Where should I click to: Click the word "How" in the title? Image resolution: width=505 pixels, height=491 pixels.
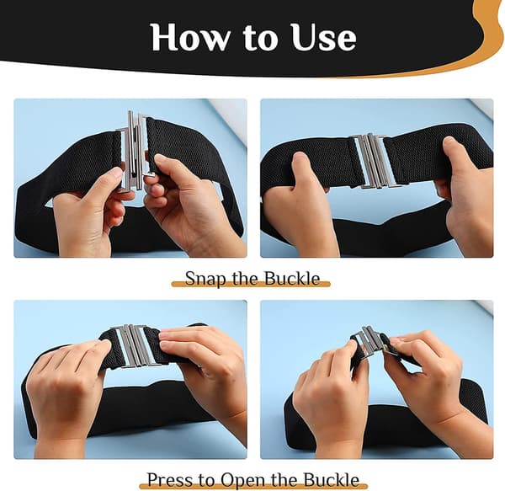pos(190,37)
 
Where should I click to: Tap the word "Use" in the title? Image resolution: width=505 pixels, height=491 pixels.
pos(324,37)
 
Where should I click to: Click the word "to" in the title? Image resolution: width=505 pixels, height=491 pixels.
pos(260,39)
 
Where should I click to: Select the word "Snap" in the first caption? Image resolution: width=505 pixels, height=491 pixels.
pos(205,279)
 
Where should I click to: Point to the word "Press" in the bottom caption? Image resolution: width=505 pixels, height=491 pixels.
pos(171,480)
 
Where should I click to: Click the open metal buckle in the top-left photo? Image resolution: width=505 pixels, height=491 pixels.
pos(135,151)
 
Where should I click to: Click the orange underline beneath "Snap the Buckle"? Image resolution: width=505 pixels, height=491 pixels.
pos(251,284)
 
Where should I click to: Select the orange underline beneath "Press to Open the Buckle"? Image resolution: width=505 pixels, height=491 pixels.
pos(253,485)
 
